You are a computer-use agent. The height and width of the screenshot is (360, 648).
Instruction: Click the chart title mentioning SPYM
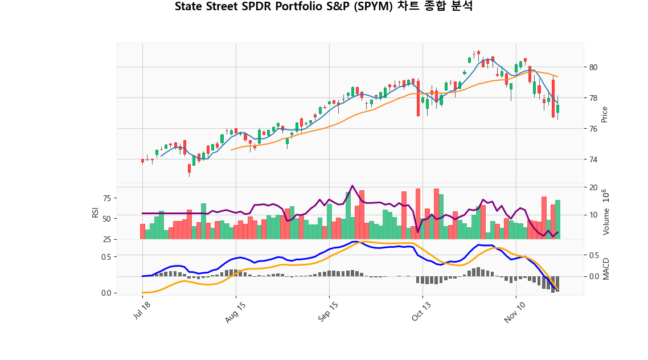point(323,7)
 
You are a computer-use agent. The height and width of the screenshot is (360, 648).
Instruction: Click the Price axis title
point(605,114)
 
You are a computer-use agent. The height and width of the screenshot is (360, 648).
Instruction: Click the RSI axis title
point(95,212)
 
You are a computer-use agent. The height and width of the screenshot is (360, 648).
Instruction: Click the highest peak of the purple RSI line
point(352,186)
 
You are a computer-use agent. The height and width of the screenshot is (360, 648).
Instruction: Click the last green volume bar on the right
point(558,219)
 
